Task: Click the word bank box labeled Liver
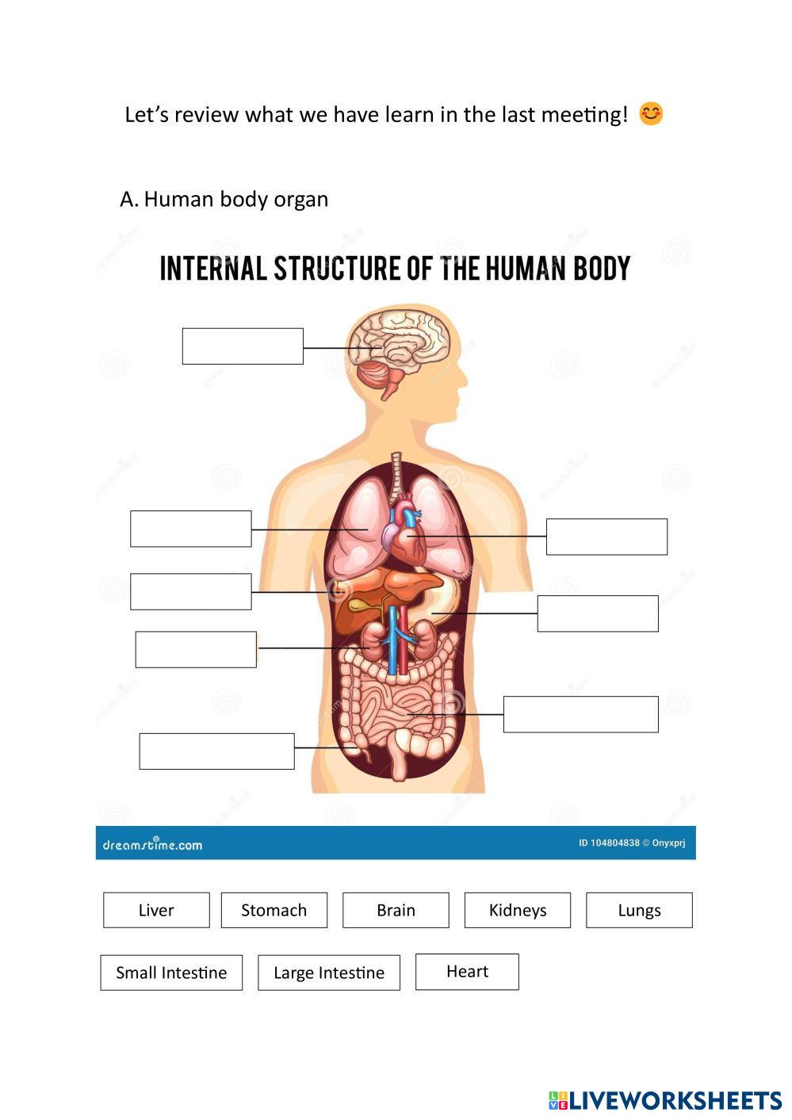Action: (x=156, y=910)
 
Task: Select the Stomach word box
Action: (x=274, y=910)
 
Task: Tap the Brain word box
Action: (x=396, y=910)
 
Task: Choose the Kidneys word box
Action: (x=517, y=910)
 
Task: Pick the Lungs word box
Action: (x=639, y=910)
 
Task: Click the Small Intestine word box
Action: (x=171, y=973)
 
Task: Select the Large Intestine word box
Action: (x=328, y=973)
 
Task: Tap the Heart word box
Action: (x=467, y=972)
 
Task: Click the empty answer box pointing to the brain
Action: (x=243, y=346)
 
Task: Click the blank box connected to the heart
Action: (x=606, y=537)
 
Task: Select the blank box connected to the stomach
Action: (x=598, y=614)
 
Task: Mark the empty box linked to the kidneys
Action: (x=196, y=649)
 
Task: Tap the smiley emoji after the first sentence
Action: (x=651, y=114)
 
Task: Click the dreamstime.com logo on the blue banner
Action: (x=152, y=843)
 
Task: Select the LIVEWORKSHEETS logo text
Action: (x=674, y=1100)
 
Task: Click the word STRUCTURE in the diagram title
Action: (x=337, y=269)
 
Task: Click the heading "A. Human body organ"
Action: (x=224, y=199)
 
